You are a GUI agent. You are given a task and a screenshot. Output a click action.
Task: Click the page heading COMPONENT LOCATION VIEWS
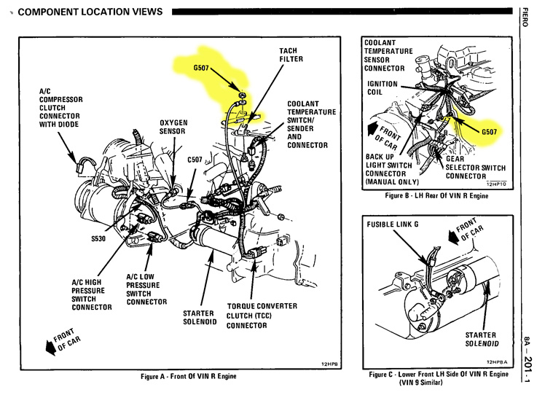pos(89,13)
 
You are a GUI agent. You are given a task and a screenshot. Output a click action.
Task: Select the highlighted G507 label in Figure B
pos(492,133)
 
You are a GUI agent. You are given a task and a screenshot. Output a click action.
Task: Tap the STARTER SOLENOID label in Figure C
pos(481,338)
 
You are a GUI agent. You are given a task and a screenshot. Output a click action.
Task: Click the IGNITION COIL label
pos(383,88)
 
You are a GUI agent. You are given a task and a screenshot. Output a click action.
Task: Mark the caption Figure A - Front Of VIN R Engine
pos(189,377)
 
